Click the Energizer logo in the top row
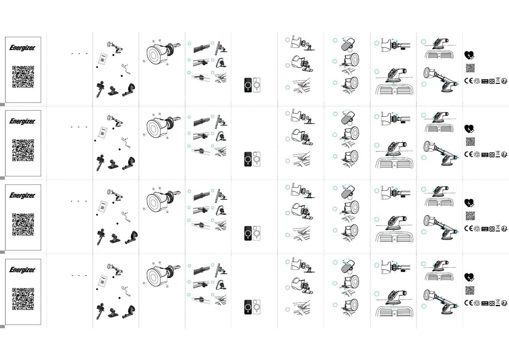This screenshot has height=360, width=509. [x=22, y=48]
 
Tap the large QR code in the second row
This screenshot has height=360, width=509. [x=23, y=150]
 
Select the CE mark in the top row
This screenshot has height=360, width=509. [x=468, y=81]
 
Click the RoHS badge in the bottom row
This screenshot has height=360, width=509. [x=485, y=303]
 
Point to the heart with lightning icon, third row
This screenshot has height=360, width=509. [x=469, y=203]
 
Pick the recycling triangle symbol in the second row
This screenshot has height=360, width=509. [x=477, y=155]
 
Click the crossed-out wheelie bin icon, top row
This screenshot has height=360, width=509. [x=498, y=80]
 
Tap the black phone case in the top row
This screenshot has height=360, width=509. [x=248, y=85]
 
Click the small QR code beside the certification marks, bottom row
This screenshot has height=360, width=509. [x=470, y=290]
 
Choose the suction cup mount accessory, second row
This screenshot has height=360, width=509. [x=130, y=163]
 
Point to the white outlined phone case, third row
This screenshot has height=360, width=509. [x=257, y=233]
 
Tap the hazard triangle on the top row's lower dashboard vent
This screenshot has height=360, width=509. [x=394, y=92]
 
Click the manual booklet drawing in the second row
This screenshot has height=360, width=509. [x=103, y=132]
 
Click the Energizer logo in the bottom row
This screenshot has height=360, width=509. [x=22, y=270]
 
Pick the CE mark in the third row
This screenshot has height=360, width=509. [x=468, y=228]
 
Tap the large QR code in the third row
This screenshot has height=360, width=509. [x=23, y=224]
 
